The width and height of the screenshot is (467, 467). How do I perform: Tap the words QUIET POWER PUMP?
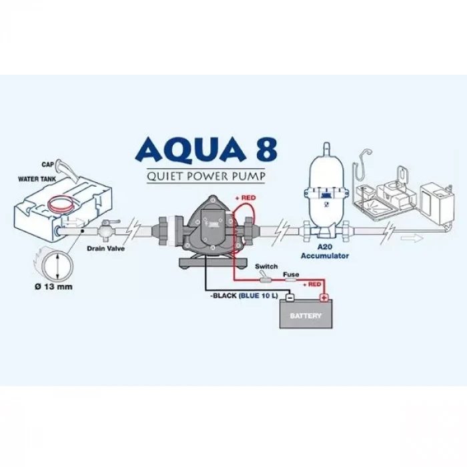[205, 176]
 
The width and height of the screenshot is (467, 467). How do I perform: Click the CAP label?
[48, 164]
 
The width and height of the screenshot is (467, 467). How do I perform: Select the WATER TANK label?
[37, 179]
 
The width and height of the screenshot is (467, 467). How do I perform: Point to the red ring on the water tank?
[61, 203]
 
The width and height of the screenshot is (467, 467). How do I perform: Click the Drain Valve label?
[105, 248]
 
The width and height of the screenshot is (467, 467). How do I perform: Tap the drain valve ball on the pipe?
[105, 231]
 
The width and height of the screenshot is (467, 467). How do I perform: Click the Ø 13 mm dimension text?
[53, 287]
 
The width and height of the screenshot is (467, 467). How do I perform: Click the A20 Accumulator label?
[325, 251]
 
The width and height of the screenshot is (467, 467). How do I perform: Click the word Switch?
[266, 267]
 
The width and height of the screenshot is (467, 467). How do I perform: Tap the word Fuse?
[291, 274]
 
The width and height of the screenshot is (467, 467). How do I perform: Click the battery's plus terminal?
[324, 298]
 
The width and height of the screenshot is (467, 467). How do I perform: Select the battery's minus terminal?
[290, 298]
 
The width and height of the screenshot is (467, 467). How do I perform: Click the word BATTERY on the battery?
[306, 316]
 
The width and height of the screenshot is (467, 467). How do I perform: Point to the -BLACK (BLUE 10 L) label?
[244, 296]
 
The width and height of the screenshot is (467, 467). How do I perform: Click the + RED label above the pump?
[246, 197]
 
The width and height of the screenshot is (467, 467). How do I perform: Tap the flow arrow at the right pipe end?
[412, 238]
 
